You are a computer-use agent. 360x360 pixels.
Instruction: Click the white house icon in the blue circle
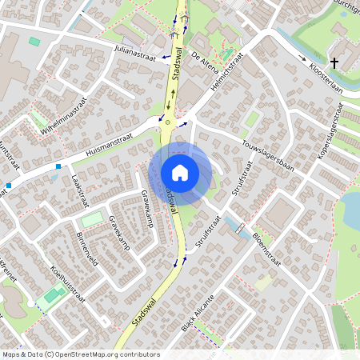(180, 173)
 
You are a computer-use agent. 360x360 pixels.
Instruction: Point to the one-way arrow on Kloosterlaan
(303, 58)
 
